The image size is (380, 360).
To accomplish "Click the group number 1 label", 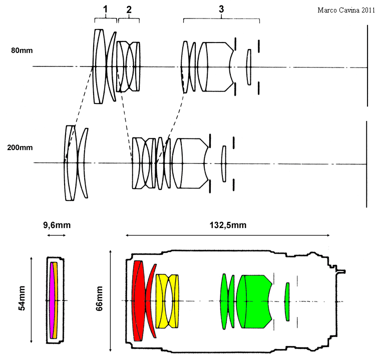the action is coord(105,9).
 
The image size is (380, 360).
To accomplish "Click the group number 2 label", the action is coord(129,9).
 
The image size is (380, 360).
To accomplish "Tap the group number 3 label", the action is coord(221,9).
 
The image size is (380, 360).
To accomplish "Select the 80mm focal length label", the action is coord(22,50).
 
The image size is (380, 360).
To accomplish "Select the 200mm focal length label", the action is coord(20,147).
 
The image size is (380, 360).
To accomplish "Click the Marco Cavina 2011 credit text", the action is coord(346,10).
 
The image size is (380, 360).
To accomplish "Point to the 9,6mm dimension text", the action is coord(57,225).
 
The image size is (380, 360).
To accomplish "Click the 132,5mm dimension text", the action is coord(228,225).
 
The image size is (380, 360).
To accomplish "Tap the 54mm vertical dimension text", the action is coord(22,298).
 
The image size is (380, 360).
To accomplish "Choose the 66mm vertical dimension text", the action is coord(99,298).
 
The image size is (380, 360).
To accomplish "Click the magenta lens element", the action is coord(52,300).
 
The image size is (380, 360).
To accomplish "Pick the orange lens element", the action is coord(56,300).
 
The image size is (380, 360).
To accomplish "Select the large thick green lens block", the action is coord(254,301).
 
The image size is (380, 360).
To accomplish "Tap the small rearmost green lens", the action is coord(287,301).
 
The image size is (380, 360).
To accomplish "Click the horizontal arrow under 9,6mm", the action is coord(57,235).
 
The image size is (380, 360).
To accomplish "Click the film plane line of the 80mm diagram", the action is coord(367,65).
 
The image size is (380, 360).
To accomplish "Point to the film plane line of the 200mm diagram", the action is coord(366,164).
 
